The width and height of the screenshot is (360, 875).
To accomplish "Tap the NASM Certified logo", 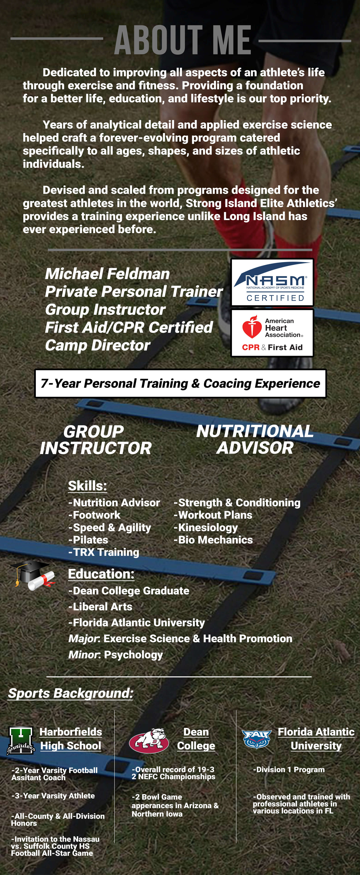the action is pos(272,282).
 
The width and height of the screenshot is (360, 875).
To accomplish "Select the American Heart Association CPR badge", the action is pos(272,333).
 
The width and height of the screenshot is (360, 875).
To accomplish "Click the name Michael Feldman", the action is pos(107,274).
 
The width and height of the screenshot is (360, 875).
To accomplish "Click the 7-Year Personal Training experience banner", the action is pos(180,383).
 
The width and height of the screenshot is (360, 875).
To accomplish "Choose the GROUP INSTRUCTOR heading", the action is pos(95,440).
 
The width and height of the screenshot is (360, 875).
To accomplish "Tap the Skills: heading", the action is pos(88,486).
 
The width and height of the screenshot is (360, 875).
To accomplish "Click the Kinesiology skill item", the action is pos(206,528).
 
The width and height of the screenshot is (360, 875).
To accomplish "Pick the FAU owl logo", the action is pos(256,739).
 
